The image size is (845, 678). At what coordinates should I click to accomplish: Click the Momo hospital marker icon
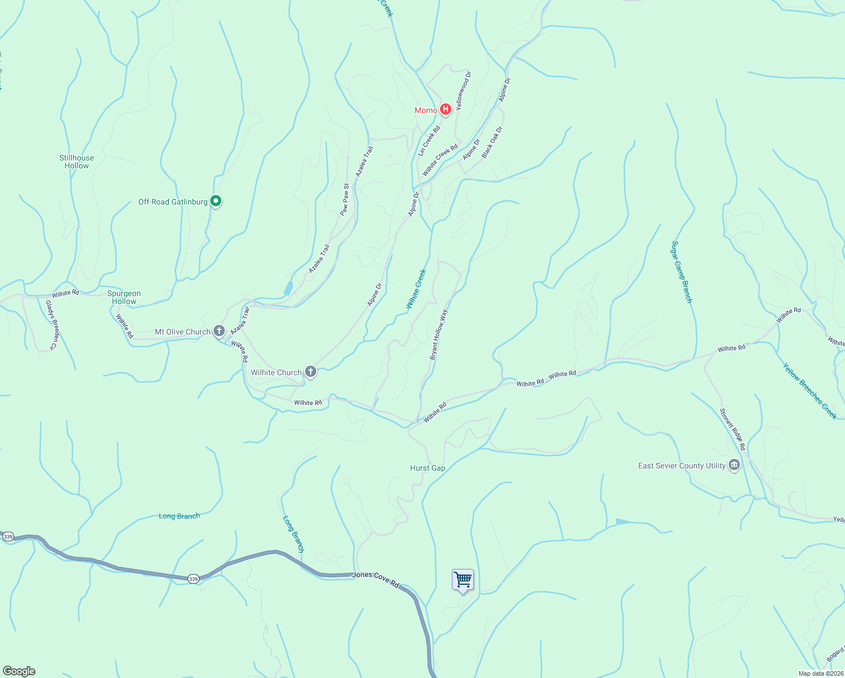point(445,110)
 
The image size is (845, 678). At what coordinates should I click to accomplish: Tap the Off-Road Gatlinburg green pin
point(215,201)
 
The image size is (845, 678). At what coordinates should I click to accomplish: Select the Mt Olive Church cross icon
point(219,331)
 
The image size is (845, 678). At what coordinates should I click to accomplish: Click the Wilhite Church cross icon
point(310,372)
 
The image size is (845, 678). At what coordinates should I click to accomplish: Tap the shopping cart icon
point(463,580)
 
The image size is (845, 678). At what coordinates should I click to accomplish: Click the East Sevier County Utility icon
point(734,466)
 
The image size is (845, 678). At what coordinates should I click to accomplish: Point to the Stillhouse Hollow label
point(77,162)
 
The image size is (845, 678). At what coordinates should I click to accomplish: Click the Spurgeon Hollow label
point(124,297)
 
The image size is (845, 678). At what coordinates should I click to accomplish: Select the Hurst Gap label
point(428,468)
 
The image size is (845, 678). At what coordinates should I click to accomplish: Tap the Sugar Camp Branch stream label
point(681,272)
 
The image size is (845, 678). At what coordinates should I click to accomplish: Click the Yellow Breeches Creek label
point(809,390)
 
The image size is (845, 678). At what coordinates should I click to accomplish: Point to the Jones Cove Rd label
point(376,579)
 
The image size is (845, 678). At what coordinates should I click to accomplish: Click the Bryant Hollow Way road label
point(439,334)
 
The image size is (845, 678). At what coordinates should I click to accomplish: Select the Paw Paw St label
point(344,199)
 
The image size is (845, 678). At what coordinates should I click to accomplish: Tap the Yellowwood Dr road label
point(463,90)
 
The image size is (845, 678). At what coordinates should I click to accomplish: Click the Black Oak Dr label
point(492,142)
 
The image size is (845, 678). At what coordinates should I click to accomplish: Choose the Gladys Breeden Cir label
point(52,325)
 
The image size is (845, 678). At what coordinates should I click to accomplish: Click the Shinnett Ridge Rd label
point(733,429)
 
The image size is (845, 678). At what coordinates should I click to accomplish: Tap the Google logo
point(19,671)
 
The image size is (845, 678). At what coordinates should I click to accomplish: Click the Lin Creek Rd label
point(429,141)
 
